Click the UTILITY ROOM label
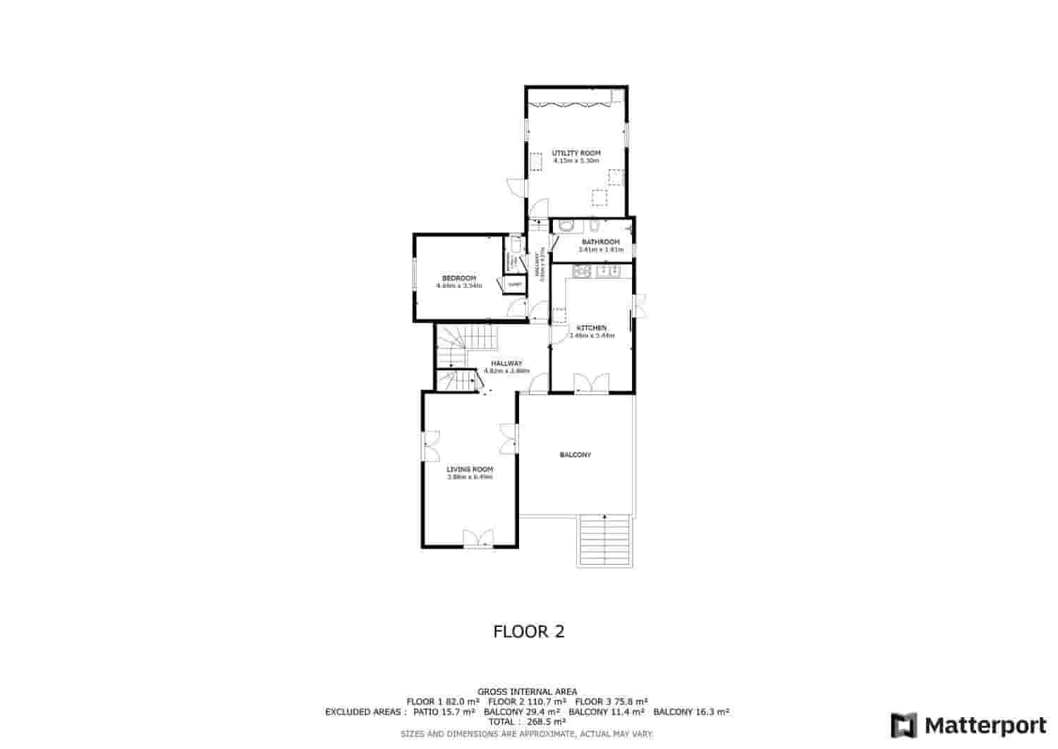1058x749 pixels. (x=576, y=153)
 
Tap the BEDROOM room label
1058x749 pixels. (x=458, y=277)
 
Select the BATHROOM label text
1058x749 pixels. (x=600, y=242)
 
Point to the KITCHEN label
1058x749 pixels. (x=591, y=328)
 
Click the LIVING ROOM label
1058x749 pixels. (x=469, y=469)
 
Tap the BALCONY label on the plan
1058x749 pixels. (x=575, y=455)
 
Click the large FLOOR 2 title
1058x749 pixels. (x=528, y=631)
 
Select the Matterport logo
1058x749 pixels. (x=968, y=725)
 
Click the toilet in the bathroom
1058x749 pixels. (x=565, y=226)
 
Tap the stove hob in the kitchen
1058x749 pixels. (x=582, y=271)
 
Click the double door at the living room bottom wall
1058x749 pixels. (x=478, y=539)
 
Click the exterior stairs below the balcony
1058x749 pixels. (x=606, y=540)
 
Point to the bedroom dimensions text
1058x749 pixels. (x=458, y=286)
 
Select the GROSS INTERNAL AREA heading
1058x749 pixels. (x=527, y=691)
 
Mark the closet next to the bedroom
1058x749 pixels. (x=515, y=284)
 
